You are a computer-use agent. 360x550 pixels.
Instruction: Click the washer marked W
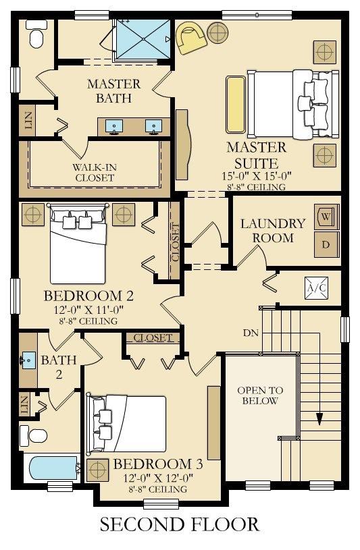tap(327, 217)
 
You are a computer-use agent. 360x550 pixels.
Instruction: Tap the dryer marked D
tap(327, 244)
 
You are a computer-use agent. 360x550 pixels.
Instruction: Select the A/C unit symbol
tap(316, 288)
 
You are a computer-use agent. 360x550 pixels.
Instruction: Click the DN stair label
tap(251, 333)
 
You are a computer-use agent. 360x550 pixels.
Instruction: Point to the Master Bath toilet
tap(36, 34)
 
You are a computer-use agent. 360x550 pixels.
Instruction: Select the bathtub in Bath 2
tap(53, 468)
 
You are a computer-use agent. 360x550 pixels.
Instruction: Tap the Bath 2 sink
tap(28, 360)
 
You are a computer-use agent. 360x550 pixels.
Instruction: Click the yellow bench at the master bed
tap(236, 104)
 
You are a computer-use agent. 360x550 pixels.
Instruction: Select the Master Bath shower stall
tap(143, 39)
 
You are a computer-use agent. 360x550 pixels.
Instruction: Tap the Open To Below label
tap(260, 395)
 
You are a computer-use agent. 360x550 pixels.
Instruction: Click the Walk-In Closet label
tap(95, 172)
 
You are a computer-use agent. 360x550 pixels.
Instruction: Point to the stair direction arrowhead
tap(319, 419)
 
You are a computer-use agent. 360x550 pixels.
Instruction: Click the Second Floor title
tap(180, 524)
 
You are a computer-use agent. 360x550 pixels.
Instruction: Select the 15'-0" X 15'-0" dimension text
tap(257, 175)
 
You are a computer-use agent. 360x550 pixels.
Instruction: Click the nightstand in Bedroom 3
tap(98, 470)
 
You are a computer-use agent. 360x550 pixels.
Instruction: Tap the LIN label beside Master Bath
tap(29, 120)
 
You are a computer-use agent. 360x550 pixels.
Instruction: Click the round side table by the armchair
tap(217, 33)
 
